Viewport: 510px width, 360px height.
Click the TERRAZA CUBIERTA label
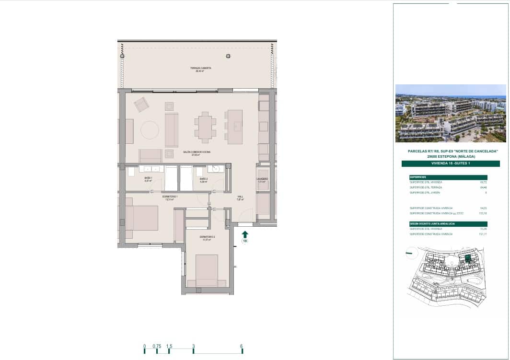(x=200, y=69)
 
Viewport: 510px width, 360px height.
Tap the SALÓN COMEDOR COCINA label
(x=197, y=152)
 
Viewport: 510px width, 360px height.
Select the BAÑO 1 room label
(x=148, y=178)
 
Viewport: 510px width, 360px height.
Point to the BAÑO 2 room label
(x=203, y=179)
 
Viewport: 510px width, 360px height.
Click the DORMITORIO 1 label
(x=170, y=197)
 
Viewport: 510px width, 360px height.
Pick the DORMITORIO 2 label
(x=207, y=237)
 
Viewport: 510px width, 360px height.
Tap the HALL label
(x=241, y=197)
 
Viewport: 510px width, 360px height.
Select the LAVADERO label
(x=262, y=179)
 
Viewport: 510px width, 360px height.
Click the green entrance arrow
(x=245, y=234)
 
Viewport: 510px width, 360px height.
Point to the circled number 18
(x=245, y=241)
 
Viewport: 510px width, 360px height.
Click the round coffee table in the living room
(x=150, y=130)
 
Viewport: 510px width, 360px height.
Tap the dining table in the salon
(x=205, y=128)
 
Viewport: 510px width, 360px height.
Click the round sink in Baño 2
(x=216, y=169)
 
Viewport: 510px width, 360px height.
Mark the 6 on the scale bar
(x=242, y=346)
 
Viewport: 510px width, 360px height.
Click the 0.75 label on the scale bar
(x=157, y=346)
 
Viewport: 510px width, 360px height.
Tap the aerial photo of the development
(x=450, y=114)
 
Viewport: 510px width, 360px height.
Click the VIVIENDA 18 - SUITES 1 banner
(x=450, y=163)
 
